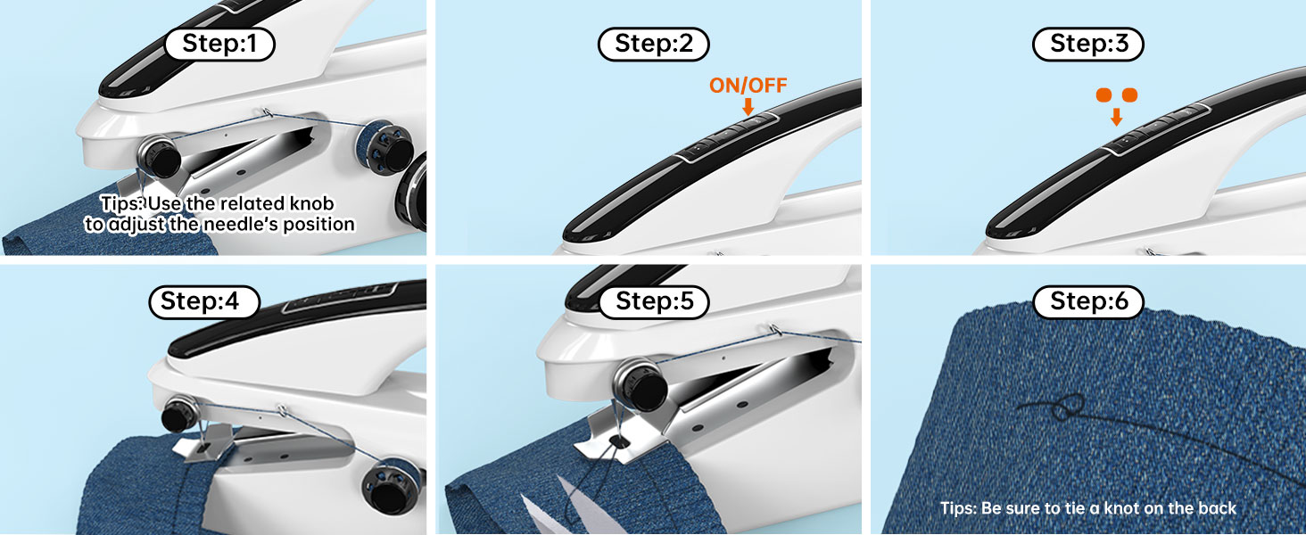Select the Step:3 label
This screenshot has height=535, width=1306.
click(x=1087, y=44)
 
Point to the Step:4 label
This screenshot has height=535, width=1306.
click(x=204, y=301)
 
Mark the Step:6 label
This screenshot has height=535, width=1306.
click(x=1087, y=301)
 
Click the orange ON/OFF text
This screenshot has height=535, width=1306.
click(x=748, y=86)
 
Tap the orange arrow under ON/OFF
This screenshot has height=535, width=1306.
click(x=748, y=106)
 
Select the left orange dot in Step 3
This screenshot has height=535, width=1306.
click(x=1103, y=95)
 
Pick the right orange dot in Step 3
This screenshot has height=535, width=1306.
click(x=1129, y=95)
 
